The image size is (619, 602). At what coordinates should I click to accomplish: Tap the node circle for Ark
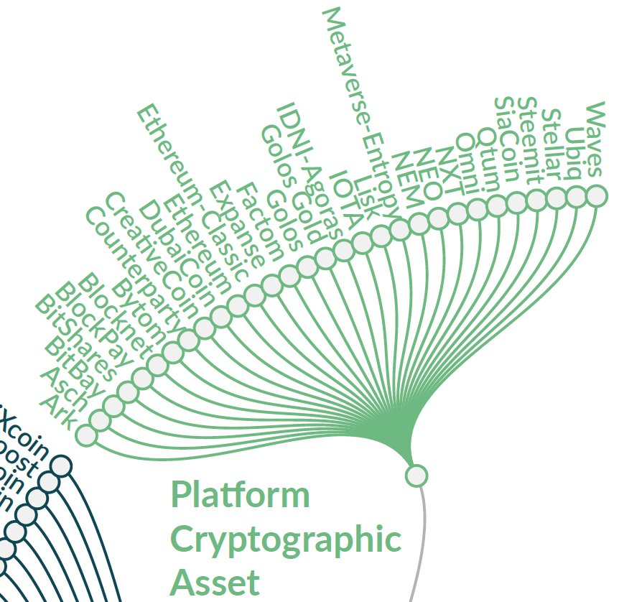click(x=85, y=435)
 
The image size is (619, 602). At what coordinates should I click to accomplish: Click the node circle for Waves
click(x=595, y=195)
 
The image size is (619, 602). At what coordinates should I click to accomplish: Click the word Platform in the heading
click(x=241, y=495)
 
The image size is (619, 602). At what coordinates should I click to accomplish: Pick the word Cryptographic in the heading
click(x=285, y=540)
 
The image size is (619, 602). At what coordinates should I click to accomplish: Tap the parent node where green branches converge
click(x=416, y=476)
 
